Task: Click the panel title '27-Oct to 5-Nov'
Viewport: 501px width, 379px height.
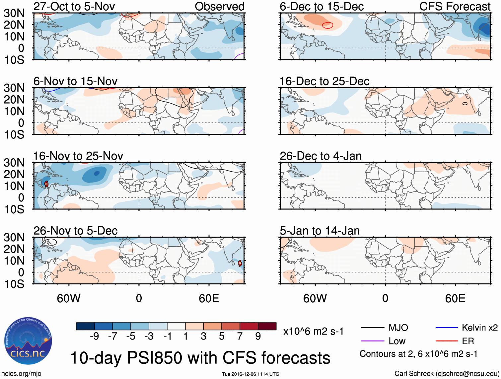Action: [74, 6]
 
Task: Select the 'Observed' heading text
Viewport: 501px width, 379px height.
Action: [219, 6]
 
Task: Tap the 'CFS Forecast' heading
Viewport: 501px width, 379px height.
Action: [455, 6]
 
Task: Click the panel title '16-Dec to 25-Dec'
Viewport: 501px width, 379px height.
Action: [324, 81]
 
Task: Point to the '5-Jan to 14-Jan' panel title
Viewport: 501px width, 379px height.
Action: [320, 231]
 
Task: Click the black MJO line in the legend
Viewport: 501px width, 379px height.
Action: [372, 328]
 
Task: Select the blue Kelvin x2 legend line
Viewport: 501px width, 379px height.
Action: [447, 328]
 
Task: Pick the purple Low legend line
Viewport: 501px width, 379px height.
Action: [372, 341]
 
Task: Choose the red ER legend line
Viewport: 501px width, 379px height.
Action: [447, 341]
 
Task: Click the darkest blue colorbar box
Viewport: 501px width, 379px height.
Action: [85, 326]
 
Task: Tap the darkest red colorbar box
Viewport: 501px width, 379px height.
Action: [267, 326]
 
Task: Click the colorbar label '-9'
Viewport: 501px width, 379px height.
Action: [95, 337]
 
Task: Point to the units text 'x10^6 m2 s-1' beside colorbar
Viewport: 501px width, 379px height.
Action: [313, 331]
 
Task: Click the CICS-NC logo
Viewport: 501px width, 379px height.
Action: [28, 341]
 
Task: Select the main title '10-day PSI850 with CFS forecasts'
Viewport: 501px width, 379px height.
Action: [200, 358]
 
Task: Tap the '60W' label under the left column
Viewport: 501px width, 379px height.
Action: [69, 298]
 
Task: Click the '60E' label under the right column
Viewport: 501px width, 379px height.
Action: [455, 298]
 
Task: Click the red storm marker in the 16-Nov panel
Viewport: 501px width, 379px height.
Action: [46, 184]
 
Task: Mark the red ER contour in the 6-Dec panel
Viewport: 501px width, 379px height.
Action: [327, 25]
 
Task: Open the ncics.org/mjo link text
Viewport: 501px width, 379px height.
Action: [21, 374]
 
